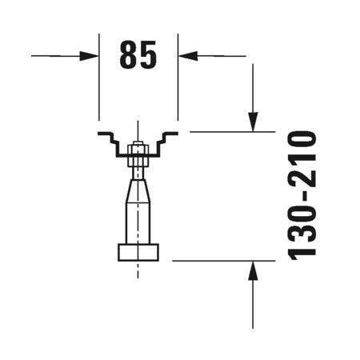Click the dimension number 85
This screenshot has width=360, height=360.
coord(138,54)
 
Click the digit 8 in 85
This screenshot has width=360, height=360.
coord(129,54)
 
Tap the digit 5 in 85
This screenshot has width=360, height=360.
coord(148,54)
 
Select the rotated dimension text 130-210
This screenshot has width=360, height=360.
coord(302,195)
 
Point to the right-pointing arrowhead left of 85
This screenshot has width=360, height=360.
coord(89,56)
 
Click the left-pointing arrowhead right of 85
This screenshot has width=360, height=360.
coord(188,56)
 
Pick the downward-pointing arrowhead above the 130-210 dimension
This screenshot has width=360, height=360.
coord(253,122)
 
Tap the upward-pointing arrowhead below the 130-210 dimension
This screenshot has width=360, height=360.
coord(253,270)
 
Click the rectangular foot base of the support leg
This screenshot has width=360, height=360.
coord(138,252)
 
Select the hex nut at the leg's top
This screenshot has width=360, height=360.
coord(138,155)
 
